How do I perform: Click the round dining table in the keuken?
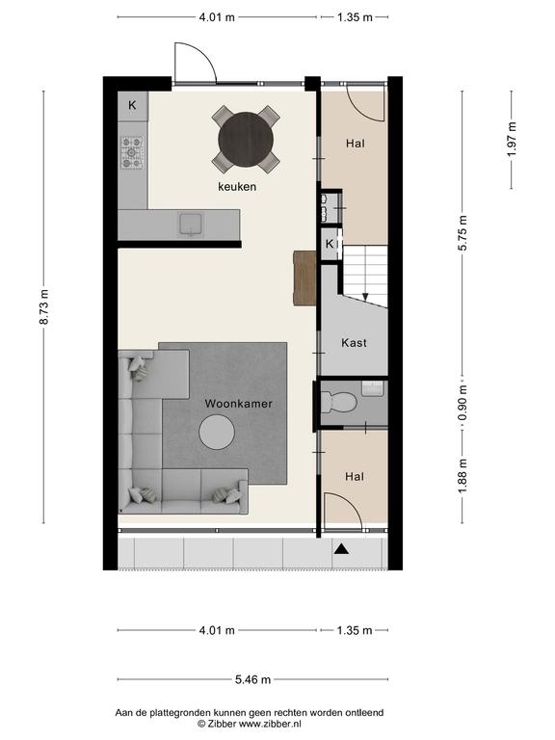[246, 139]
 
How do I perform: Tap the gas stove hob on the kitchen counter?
[132, 152]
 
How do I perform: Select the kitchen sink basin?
[191, 224]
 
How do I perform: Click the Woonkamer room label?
[238, 404]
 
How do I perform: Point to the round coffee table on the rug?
[217, 432]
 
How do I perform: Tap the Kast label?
[354, 343]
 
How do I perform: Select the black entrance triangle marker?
[342, 549]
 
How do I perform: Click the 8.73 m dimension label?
[44, 306]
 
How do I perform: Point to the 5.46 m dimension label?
[253, 679]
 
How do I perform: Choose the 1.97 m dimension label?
[512, 140]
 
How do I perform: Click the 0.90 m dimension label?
[462, 403]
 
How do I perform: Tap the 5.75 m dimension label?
[462, 232]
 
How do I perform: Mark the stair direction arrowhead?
[365, 297]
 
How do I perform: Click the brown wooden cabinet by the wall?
[304, 277]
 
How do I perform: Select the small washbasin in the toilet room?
[373, 388]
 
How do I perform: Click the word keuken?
[237, 187]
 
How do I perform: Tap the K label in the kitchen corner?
[132, 105]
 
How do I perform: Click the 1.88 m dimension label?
[462, 476]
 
